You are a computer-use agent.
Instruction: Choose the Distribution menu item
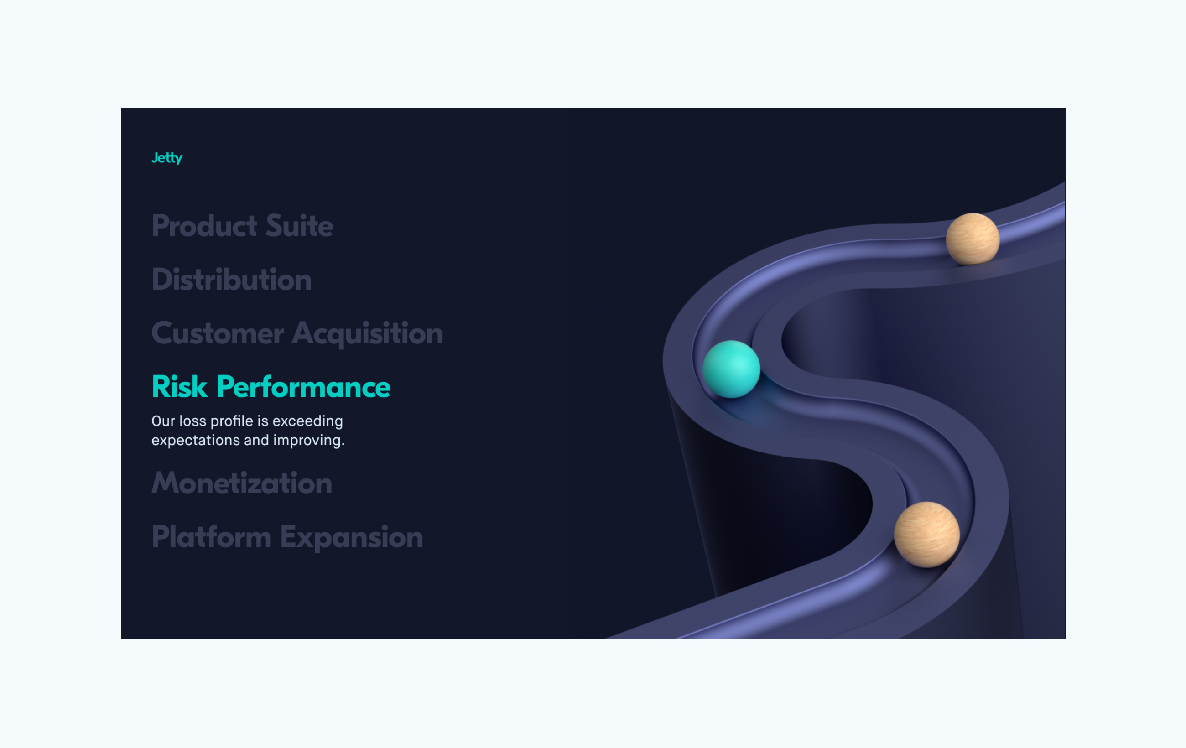point(231,279)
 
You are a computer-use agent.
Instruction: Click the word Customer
point(218,333)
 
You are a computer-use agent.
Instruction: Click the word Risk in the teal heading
point(180,387)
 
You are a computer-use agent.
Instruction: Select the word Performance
point(303,387)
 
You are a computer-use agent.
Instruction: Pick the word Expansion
point(352,538)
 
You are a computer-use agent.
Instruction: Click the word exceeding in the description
point(307,421)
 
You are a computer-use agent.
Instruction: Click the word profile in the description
point(232,421)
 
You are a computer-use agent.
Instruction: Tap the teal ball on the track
point(731,369)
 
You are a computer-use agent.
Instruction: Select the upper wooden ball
point(973,239)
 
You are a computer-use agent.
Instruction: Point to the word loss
point(192,421)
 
